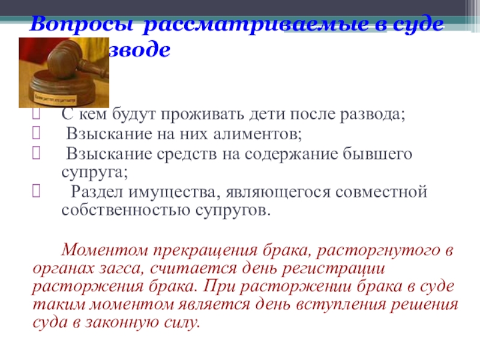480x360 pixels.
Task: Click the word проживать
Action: (x=218, y=113)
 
